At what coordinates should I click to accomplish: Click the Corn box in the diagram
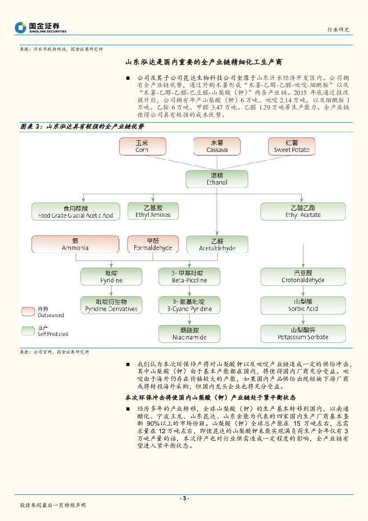pos(142,146)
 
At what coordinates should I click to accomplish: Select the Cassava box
pos(217,146)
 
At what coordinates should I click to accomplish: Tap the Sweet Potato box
pos(291,146)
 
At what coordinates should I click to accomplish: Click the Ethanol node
pos(217,179)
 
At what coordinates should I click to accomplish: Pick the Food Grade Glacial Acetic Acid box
pos(76,212)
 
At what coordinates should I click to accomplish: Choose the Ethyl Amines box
pos(153,211)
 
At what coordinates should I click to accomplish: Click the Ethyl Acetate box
pos(303,211)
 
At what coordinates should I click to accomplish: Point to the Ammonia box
pos(75,244)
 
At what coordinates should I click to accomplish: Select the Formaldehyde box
pos(153,244)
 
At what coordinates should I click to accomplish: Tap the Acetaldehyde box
pos(217,244)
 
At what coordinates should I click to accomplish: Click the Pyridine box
pos(111,277)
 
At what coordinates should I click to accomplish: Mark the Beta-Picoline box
pos(189,277)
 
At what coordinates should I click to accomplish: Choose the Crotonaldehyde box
pos(303,277)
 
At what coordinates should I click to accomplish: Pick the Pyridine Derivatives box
pos(111,305)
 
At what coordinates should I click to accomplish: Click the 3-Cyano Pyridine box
pos(189,305)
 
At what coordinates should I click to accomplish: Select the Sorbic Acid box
pos(303,305)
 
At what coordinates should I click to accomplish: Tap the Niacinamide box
pos(189,334)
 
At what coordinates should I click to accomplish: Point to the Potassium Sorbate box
pos(303,334)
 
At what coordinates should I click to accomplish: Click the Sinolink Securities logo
pos(40,28)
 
